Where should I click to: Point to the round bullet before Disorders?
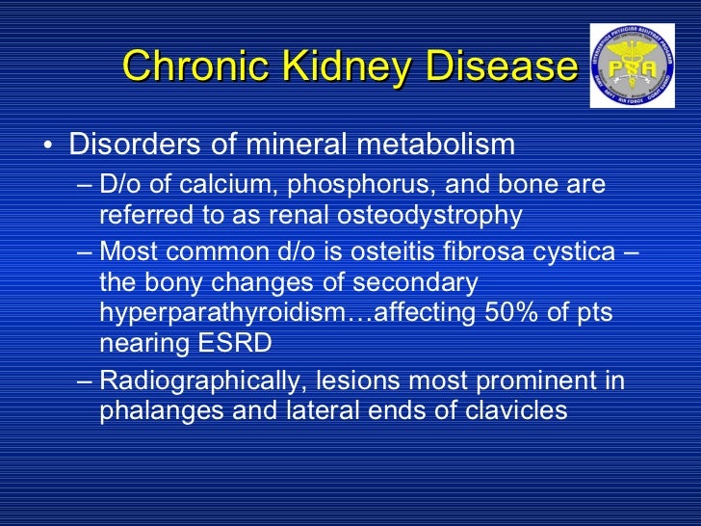coord(47,147)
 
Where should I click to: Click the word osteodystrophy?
coord(441,215)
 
